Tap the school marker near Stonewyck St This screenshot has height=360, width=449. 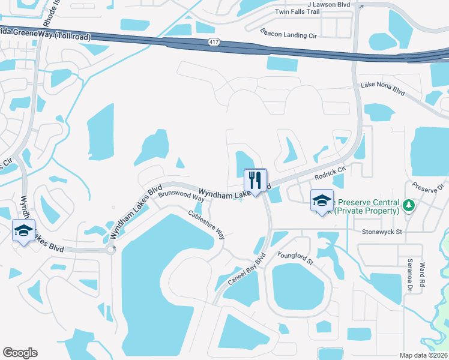[321, 202]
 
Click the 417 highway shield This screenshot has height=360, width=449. [214, 42]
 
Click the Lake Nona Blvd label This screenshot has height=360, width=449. [383, 86]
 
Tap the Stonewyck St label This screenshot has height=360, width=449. [384, 230]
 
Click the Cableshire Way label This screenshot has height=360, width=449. [206, 224]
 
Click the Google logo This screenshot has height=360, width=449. [20, 353]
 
